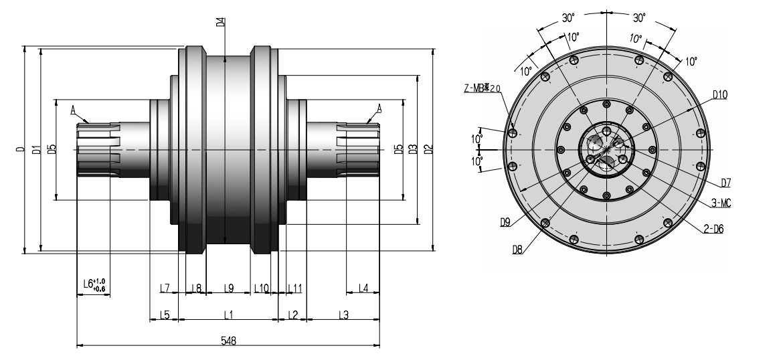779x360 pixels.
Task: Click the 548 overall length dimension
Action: coord(228,340)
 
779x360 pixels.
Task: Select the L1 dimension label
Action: coord(228,314)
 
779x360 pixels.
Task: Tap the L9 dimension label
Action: coord(228,288)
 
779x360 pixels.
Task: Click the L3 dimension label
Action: coord(343,314)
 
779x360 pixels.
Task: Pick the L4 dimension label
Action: coord(363,288)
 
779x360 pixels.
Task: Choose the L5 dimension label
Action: coord(164,314)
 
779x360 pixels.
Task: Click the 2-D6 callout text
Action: coord(713,228)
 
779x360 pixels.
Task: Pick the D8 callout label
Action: coord(517,249)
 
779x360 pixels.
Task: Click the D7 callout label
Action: coord(725,183)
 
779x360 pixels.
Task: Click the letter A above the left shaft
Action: coord(74,108)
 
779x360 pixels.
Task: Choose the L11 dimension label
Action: coord(295,288)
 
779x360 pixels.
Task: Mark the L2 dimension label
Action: coord(292,314)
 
